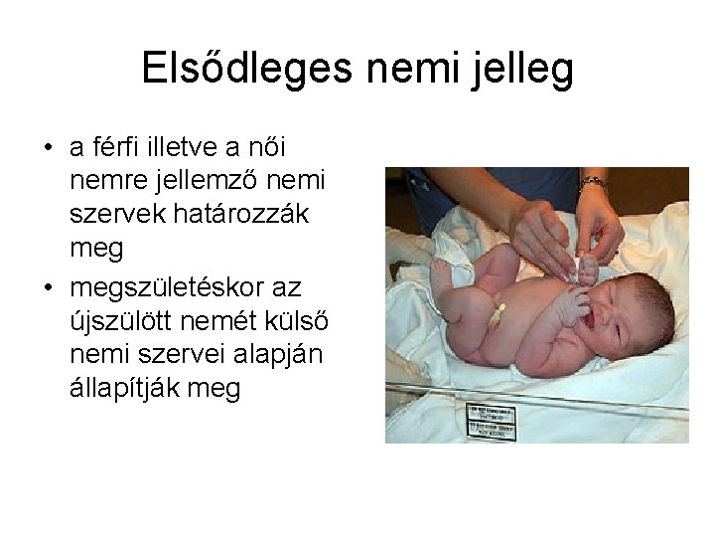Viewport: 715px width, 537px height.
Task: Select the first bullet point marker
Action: pyautogui.click(x=48, y=149)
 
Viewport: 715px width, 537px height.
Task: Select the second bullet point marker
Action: pyautogui.click(x=48, y=287)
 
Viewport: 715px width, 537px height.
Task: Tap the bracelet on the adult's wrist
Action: pyautogui.click(x=593, y=183)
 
